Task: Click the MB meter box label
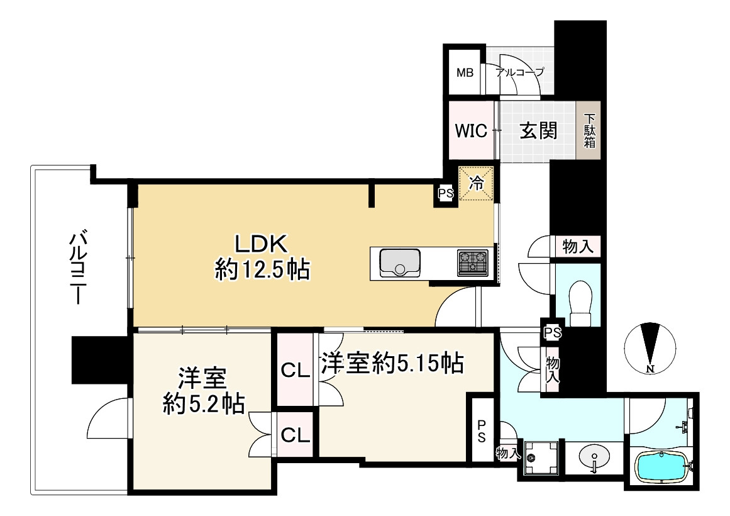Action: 465,72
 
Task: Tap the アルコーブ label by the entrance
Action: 519,72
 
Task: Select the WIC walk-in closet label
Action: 471,131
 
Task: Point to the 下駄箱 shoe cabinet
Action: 589,131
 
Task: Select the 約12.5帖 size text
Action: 262,270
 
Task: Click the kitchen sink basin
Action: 399,262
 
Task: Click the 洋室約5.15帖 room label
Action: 392,363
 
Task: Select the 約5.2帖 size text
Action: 203,403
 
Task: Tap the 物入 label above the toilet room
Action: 577,247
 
